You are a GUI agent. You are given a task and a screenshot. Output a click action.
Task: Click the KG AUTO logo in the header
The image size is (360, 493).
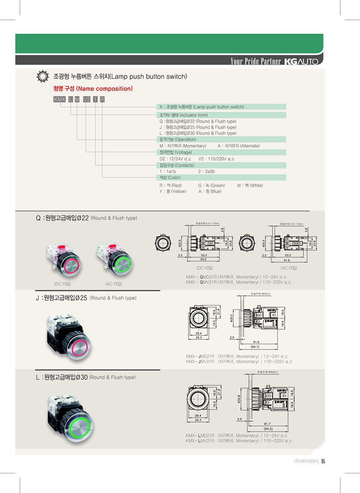click(301, 62)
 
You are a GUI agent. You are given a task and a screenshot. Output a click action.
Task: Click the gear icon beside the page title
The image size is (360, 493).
click(42, 77)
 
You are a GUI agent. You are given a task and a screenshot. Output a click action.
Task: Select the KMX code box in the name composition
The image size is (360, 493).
click(59, 100)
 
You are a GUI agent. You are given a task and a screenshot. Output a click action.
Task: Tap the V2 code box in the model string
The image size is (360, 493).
click(86, 100)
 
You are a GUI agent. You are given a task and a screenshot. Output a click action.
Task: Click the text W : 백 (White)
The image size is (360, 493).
click(250, 185)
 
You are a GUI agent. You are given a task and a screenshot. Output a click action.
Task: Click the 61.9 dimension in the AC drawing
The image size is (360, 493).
click(287, 259)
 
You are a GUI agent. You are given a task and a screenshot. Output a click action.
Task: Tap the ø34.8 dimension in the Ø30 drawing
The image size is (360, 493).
click(239, 397)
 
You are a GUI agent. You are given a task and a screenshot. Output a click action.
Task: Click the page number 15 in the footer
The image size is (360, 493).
click(322, 461)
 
